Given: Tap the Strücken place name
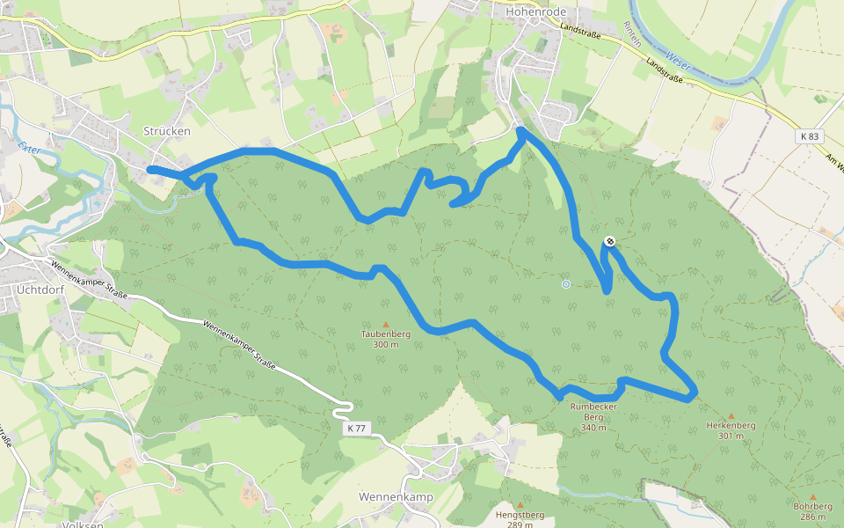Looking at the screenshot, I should pyautogui.click(x=166, y=130).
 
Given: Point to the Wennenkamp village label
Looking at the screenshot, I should pyautogui.click(x=396, y=496).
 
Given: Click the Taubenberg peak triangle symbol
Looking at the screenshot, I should pyautogui.click(x=385, y=324).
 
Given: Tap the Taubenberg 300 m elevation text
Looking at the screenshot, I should pyautogui.click(x=385, y=344).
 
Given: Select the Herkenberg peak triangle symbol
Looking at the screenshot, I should pyautogui.click(x=731, y=415).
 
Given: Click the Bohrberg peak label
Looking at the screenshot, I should pyautogui.click(x=812, y=511).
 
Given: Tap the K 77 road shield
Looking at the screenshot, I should pyautogui.click(x=356, y=428).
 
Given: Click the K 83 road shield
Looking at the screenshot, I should pyautogui.click(x=810, y=136).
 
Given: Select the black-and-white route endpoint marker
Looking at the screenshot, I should pyautogui.click(x=610, y=241).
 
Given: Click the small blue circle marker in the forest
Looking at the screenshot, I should pyautogui.click(x=566, y=283).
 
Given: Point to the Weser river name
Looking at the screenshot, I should pyautogui.click(x=676, y=59).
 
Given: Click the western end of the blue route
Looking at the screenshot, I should pyautogui.click(x=150, y=169).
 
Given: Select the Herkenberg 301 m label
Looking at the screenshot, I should pyautogui.click(x=731, y=430).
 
